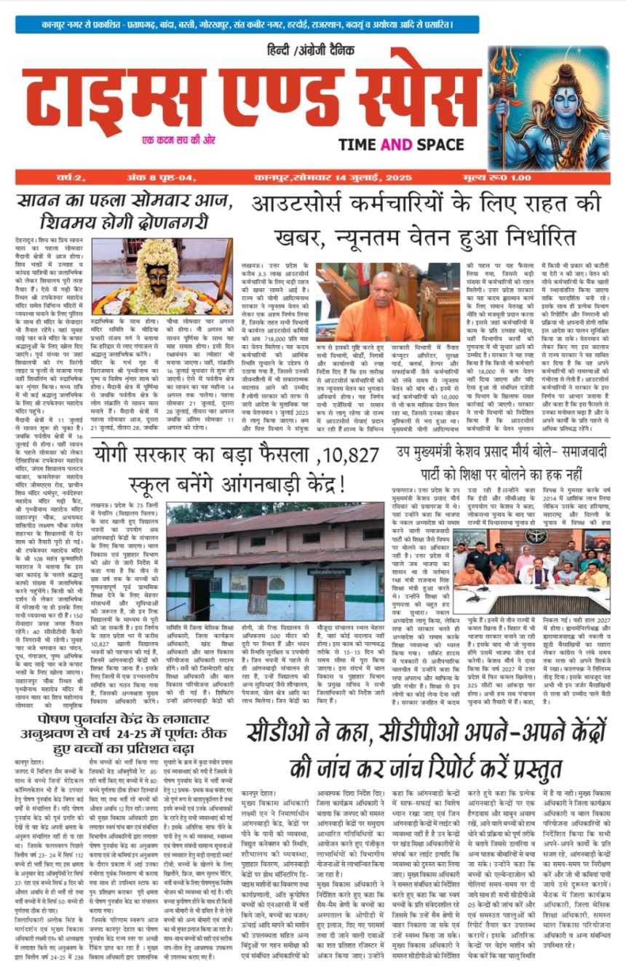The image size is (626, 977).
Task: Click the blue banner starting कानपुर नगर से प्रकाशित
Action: click(x=312, y=23)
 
